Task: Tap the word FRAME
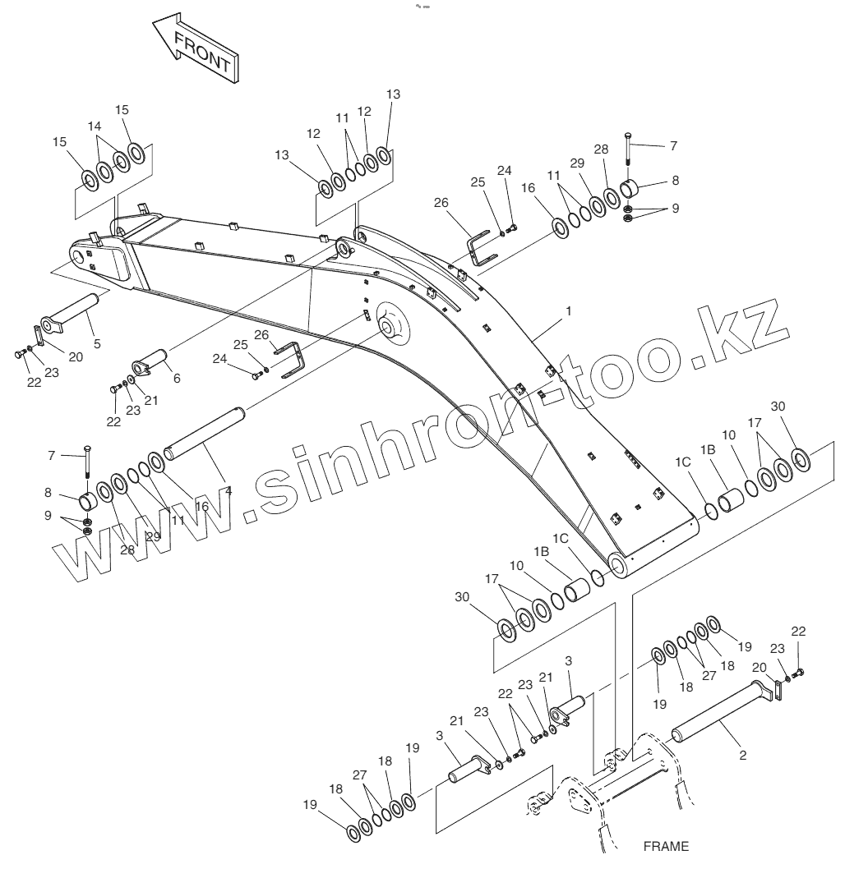[666, 846]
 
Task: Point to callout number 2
[743, 756]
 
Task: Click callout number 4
[229, 491]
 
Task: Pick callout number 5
[97, 343]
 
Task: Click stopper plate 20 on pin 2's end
[778, 691]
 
